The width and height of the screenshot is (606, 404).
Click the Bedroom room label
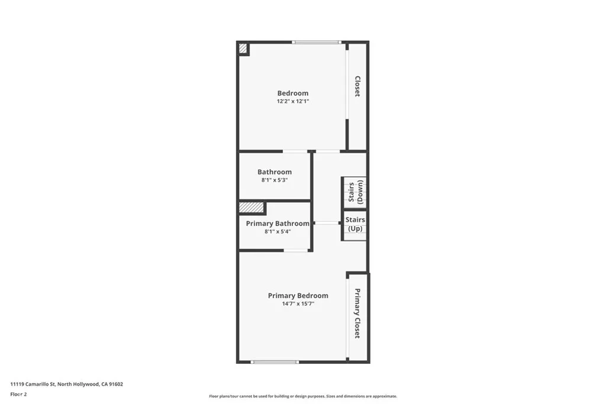click(x=293, y=93)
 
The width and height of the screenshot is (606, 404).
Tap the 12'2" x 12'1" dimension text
click(x=293, y=102)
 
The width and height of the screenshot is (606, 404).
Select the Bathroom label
click(x=275, y=172)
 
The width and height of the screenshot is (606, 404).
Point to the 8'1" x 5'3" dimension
click(x=275, y=180)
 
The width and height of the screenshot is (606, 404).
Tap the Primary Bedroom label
click(x=298, y=296)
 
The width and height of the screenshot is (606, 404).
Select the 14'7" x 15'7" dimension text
click(x=298, y=304)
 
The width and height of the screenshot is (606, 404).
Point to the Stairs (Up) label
click(x=355, y=224)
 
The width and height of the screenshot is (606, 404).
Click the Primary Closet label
click(x=357, y=313)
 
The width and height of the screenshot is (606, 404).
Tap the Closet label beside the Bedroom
click(x=357, y=86)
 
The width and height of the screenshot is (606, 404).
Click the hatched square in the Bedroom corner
click(x=243, y=49)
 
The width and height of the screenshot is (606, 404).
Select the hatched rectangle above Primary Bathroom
click(x=251, y=208)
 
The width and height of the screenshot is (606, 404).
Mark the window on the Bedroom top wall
click(x=317, y=42)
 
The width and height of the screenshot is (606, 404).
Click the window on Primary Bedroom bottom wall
click(x=275, y=362)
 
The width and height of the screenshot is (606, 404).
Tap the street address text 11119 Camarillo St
click(x=66, y=384)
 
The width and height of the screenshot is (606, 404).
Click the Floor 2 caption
click(x=18, y=394)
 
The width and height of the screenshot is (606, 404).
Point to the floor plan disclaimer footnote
click(x=302, y=396)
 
